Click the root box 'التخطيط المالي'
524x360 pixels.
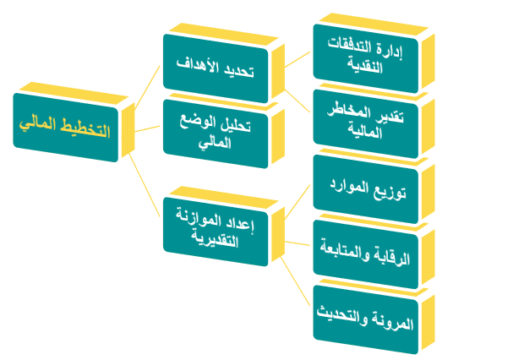(66, 128)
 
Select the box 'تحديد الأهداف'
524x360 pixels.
(216, 68)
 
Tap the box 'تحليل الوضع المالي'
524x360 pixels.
(216, 134)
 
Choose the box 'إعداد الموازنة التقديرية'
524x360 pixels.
(216, 232)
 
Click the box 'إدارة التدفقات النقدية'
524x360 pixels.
(366, 58)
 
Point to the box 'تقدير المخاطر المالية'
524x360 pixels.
(366, 123)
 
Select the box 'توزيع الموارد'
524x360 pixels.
(366, 189)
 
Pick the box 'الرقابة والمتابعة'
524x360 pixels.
(366, 254)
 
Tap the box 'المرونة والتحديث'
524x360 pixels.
(366, 319)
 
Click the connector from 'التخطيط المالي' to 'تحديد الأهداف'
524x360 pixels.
(147, 87)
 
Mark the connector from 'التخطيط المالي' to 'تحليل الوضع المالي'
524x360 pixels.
(147, 129)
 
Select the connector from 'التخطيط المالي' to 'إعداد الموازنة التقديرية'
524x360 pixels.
(145, 185)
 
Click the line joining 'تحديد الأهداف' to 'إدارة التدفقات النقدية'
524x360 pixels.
(297, 59)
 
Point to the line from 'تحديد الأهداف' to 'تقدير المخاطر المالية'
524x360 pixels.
(297, 101)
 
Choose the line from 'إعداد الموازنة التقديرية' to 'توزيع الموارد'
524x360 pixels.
(297, 202)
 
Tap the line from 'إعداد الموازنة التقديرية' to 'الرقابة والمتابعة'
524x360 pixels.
(297, 243)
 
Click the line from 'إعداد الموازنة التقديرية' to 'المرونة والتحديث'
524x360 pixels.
(296, 281)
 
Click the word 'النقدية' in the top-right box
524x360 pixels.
(364, 67)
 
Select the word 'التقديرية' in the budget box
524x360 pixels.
(215, 239)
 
